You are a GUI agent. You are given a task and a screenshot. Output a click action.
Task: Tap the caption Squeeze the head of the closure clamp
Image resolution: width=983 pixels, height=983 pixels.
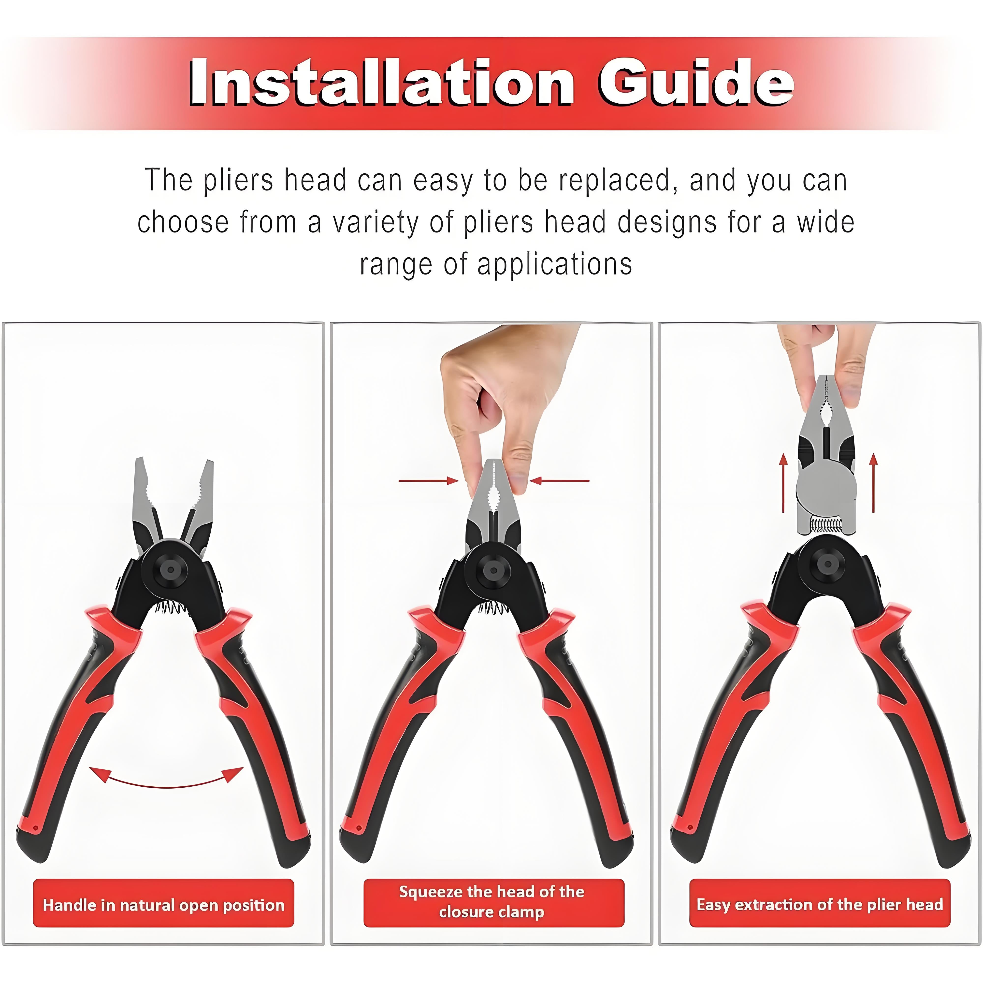tap(491, 902)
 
